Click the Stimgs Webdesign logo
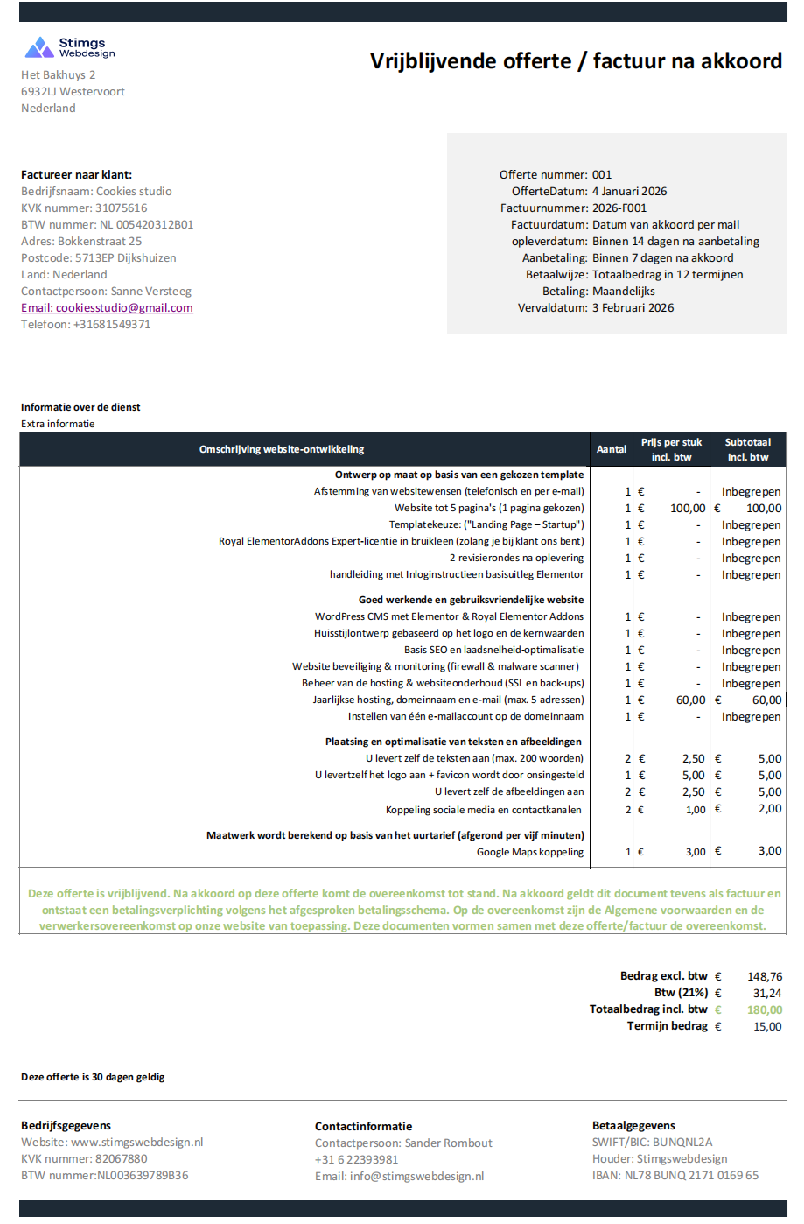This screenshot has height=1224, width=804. [69, 47]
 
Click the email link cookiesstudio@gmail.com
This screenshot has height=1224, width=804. [107, 308]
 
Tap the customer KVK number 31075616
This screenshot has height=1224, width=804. [121, 208]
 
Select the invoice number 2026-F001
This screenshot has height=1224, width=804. [619, 208]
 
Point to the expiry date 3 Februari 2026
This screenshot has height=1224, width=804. [633, 308]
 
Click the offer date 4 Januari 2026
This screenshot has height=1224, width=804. [629, 192]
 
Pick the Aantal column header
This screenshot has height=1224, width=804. [612, 449]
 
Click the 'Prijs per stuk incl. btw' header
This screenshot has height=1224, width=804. [671, 449]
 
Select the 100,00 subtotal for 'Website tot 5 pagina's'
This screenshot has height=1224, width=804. [763, 509]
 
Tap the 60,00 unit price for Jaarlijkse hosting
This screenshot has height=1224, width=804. [690, 700]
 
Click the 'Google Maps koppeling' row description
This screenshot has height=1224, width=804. [529, 852]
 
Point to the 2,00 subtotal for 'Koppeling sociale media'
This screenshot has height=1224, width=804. [769, 809]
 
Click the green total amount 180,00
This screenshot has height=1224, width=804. [764, 1009]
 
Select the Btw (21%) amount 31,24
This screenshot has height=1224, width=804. [766, 993]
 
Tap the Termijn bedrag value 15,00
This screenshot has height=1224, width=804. [767, 1026]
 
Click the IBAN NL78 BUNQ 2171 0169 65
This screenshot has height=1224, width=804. [691, 1176]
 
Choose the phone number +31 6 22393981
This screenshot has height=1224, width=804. [356, 1159]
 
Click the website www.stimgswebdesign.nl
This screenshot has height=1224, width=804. [136, 1143]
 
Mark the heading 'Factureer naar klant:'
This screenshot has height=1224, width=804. [77, 175]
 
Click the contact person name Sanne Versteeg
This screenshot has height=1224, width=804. [150, 292]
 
